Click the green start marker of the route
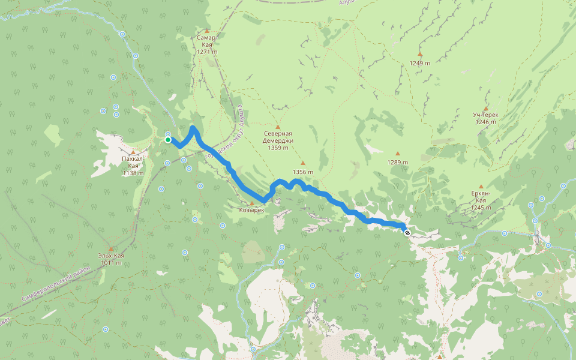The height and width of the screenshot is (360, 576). click(x=168, y=140)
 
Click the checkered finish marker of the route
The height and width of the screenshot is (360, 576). click(x=407, y=232)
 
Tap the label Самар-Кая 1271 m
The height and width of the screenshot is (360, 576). click(x=205, y=44)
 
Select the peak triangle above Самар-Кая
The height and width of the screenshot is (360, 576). click(x=207, y=31)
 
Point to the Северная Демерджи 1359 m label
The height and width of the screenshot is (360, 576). click(x=277, y=140)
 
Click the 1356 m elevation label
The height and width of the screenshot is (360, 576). click(x=303, y=172)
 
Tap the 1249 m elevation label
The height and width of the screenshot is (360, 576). click(x=419, y=63)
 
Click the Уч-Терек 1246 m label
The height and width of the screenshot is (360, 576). click(x=485, y=118)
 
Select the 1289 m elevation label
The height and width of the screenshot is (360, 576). click(x=397, y=163)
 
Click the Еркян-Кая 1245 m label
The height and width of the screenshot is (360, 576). click(x=481, y=200)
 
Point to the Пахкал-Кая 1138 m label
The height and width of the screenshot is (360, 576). click(x=133, y=166)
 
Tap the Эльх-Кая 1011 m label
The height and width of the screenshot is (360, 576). click(x=112, y=259)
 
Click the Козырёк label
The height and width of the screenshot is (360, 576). click(x=251, y=210)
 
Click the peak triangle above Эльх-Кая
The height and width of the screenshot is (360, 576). click(x=110, y=248)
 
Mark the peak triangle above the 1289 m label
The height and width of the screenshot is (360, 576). click(x=397, y=154)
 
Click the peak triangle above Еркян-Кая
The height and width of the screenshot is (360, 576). click(x=481, y=187)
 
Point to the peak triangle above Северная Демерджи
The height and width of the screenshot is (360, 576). click(x=277, y=127)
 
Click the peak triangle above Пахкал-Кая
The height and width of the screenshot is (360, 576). click(x=133, y=152)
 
